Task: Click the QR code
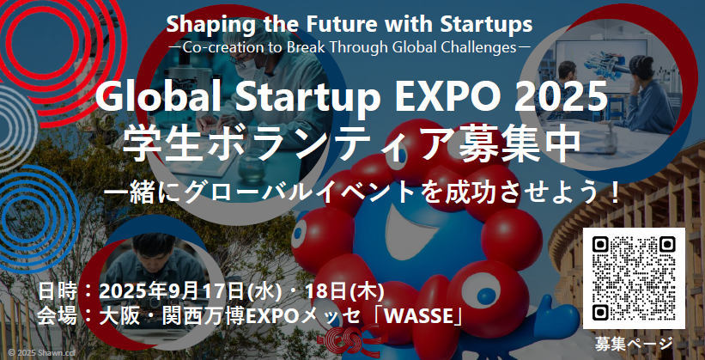click(x=634, y=278)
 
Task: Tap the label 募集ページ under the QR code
click(x=634, y=344)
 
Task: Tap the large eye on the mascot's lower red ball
click(x=481, y=291)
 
